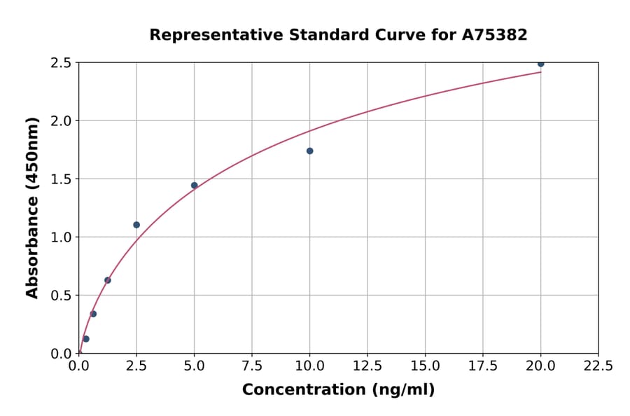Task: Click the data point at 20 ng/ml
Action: [540, 64]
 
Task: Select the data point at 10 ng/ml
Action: [309, 151]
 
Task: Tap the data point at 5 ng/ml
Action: [195, 186]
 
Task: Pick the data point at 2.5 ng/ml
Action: [136, 225]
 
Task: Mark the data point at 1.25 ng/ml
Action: [108, 280]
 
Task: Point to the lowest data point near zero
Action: [86, 339]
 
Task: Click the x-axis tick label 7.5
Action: [252, 366]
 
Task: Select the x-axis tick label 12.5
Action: [367, 366]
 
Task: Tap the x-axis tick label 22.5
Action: [598, 366]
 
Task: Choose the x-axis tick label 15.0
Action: [425, 366]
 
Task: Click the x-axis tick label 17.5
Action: [483, 366]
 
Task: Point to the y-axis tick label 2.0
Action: [62, 121]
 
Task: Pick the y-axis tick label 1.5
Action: [62, 179]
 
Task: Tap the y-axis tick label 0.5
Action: [62, 296]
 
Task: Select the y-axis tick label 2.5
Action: [62, 63]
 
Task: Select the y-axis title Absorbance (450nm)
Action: [32, 207]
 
